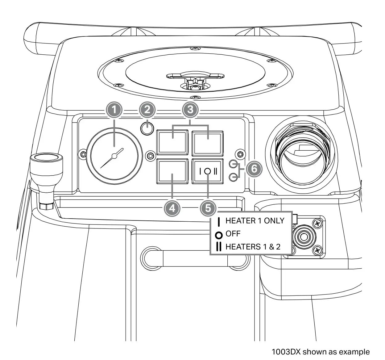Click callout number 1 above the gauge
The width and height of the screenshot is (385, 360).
coord(114,110)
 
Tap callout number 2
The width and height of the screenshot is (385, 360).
coord(148,110)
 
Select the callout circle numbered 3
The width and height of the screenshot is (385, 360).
coord(190,110)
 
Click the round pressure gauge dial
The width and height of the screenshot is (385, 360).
coord(114,157)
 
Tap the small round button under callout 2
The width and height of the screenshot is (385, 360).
coord(147,129)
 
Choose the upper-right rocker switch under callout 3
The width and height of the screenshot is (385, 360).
coord(207,142)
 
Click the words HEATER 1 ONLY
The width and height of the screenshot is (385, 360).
coord(255,221)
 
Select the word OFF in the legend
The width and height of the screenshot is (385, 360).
coord(233,234)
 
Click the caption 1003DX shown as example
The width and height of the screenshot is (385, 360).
coord(321,352)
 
